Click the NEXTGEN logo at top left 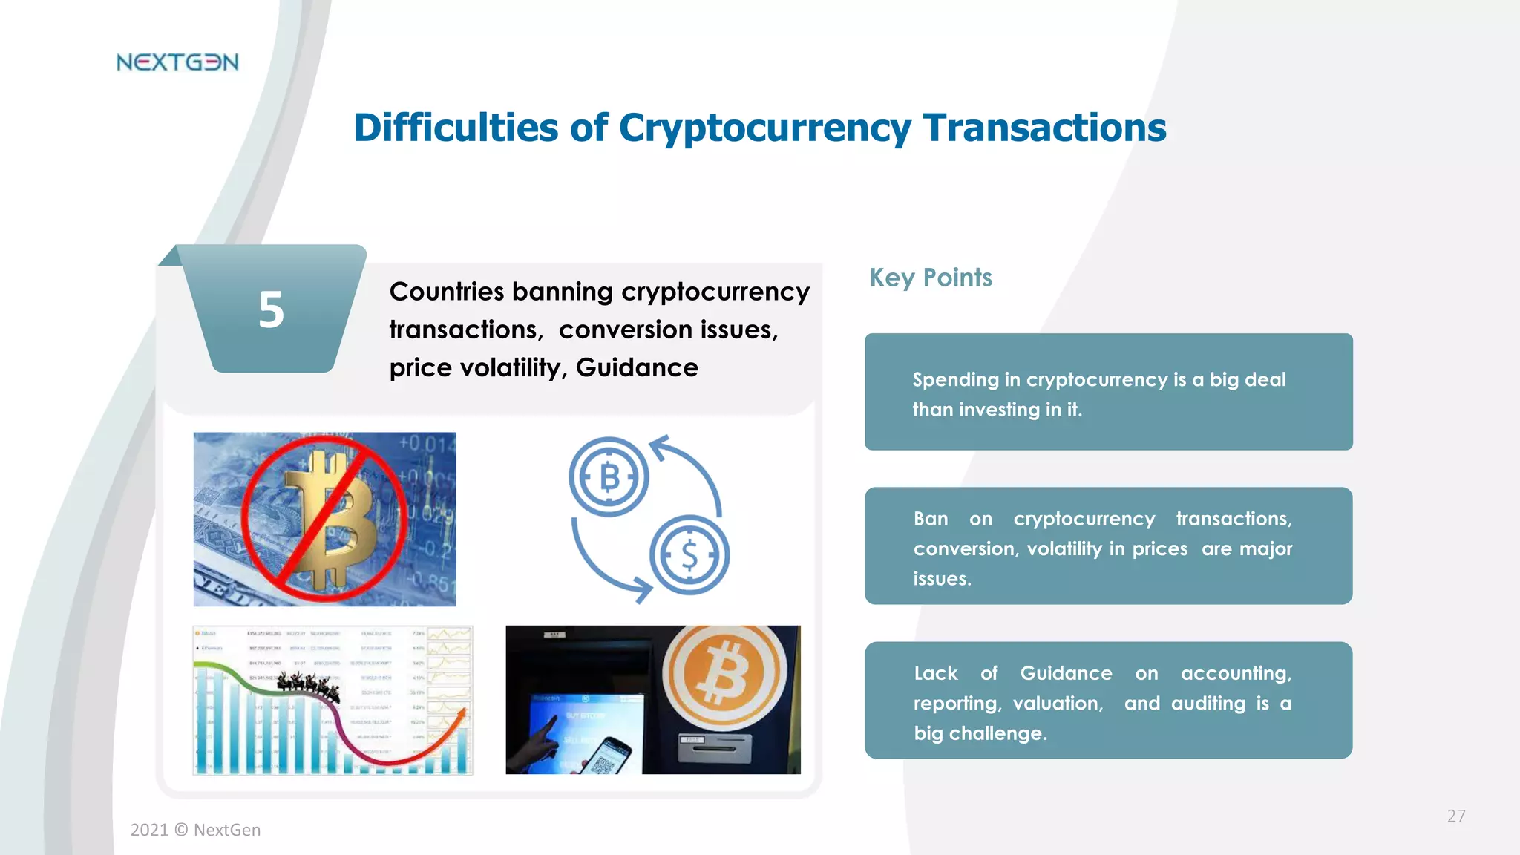click(177, 62)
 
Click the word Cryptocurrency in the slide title click(764, 128)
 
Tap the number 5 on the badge click(271, 309)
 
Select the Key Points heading click(930, 278)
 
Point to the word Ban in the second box click(930, 519)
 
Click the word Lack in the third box click(935, 673)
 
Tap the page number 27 click(1455, 816)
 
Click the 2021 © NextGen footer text click(195, 830)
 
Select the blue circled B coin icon click(609, 477)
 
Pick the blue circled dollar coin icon click(689, 554)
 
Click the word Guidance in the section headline click(637, 367)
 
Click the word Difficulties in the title click(455, 128)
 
